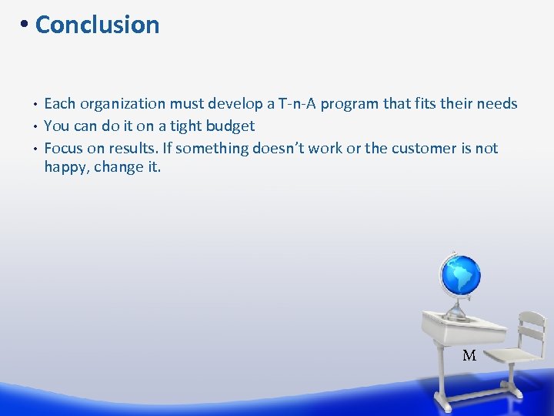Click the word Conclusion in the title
(x=97, y=25)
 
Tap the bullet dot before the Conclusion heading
(x=25, y=25)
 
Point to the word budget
(x=228, y=126)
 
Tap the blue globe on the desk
(x=459, y=275)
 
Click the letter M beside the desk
(x=469, y=355)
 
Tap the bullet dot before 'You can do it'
(x=36, y=126)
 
